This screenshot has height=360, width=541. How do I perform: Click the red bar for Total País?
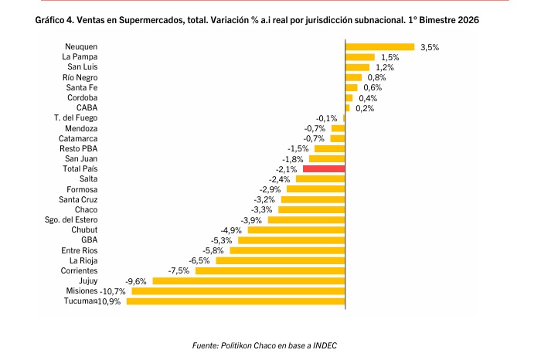tap(324, 168)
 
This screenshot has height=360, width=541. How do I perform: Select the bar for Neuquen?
tap(379, 47)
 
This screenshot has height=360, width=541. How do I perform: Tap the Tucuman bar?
tap(235, 301)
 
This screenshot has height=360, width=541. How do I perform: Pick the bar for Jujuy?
tap(248, 280)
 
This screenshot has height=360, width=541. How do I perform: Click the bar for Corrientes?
tap(270, 270)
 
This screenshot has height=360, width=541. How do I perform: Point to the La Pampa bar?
tap(359, 57)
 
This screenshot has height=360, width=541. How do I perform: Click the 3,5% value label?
tap(429, 47)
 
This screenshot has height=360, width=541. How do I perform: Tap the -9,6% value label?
tap(136, 280)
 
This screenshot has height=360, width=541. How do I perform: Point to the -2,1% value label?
tap(287, 168)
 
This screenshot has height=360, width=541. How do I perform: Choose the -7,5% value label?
tap(179, 270)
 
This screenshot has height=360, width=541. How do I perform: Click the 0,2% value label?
tap(364, 108)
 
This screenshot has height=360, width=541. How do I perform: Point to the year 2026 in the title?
tap(464, 21)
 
